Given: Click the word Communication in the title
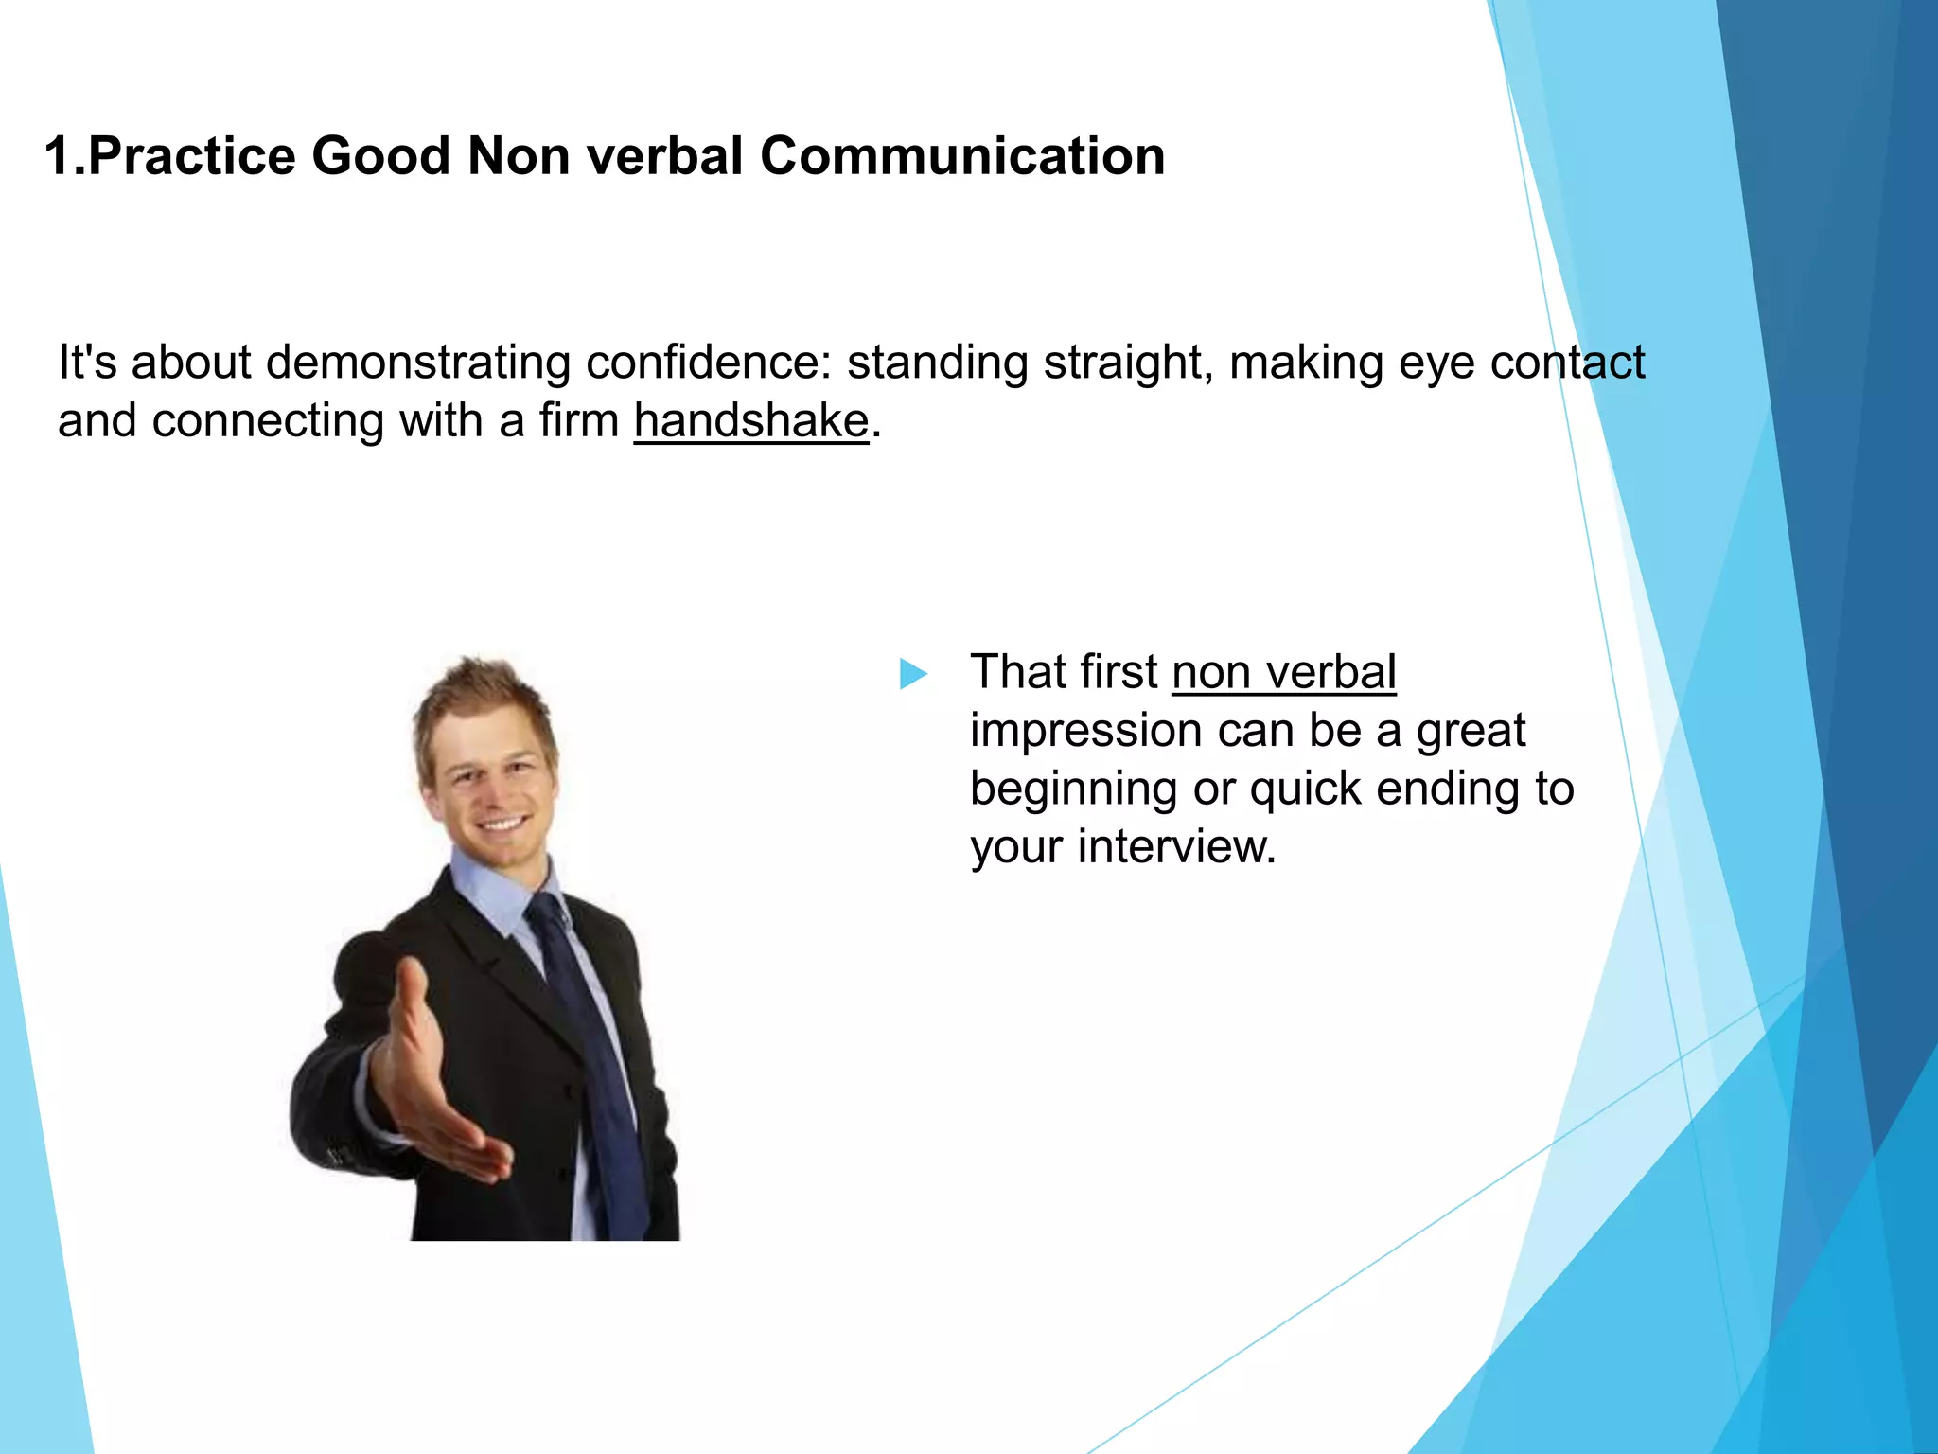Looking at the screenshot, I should (961, 156).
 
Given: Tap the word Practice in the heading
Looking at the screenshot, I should (191, 156).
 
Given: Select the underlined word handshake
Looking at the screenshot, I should (751, 420).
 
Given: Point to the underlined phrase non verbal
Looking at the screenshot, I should (1283, 673).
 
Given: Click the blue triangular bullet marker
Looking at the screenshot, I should (912, 674).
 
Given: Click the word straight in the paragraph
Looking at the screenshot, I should (1123, 363).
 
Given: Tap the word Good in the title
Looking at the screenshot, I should (380, 156).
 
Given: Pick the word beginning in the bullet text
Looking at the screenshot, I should (1072, 789).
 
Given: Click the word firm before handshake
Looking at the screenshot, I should (578, 420).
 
